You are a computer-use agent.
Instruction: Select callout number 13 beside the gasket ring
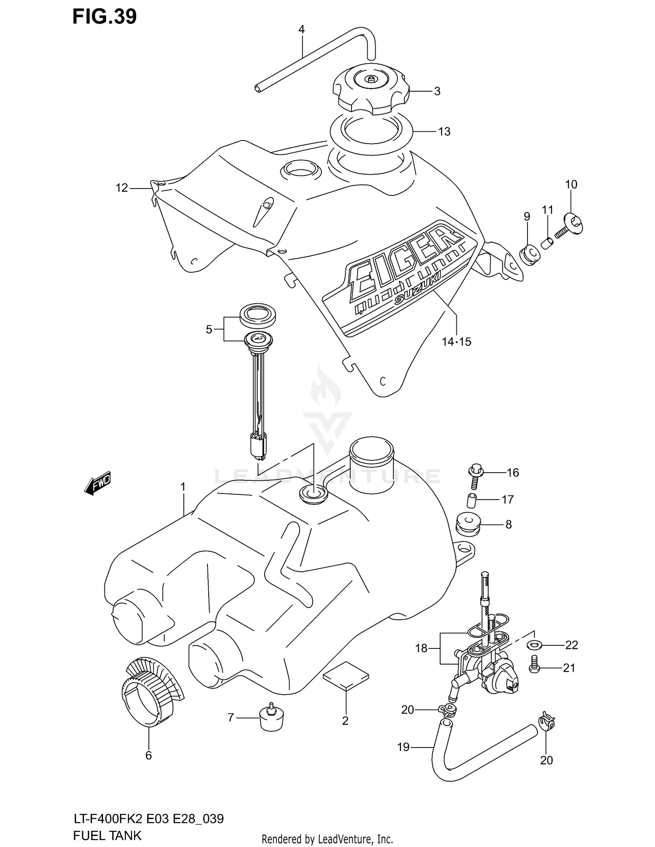[x=444, y=131]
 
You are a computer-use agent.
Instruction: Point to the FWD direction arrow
[x=98, y=484]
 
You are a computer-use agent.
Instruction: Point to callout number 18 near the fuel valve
[x=421, y=648]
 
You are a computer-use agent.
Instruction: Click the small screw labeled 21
[x=534, y=668]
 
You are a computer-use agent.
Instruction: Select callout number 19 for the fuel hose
[x=403, y=747]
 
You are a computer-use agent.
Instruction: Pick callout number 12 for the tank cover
[x=122, y=188]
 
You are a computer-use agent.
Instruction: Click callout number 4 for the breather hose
[x=301, y=30]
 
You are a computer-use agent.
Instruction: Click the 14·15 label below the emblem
[x=456, y=341]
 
